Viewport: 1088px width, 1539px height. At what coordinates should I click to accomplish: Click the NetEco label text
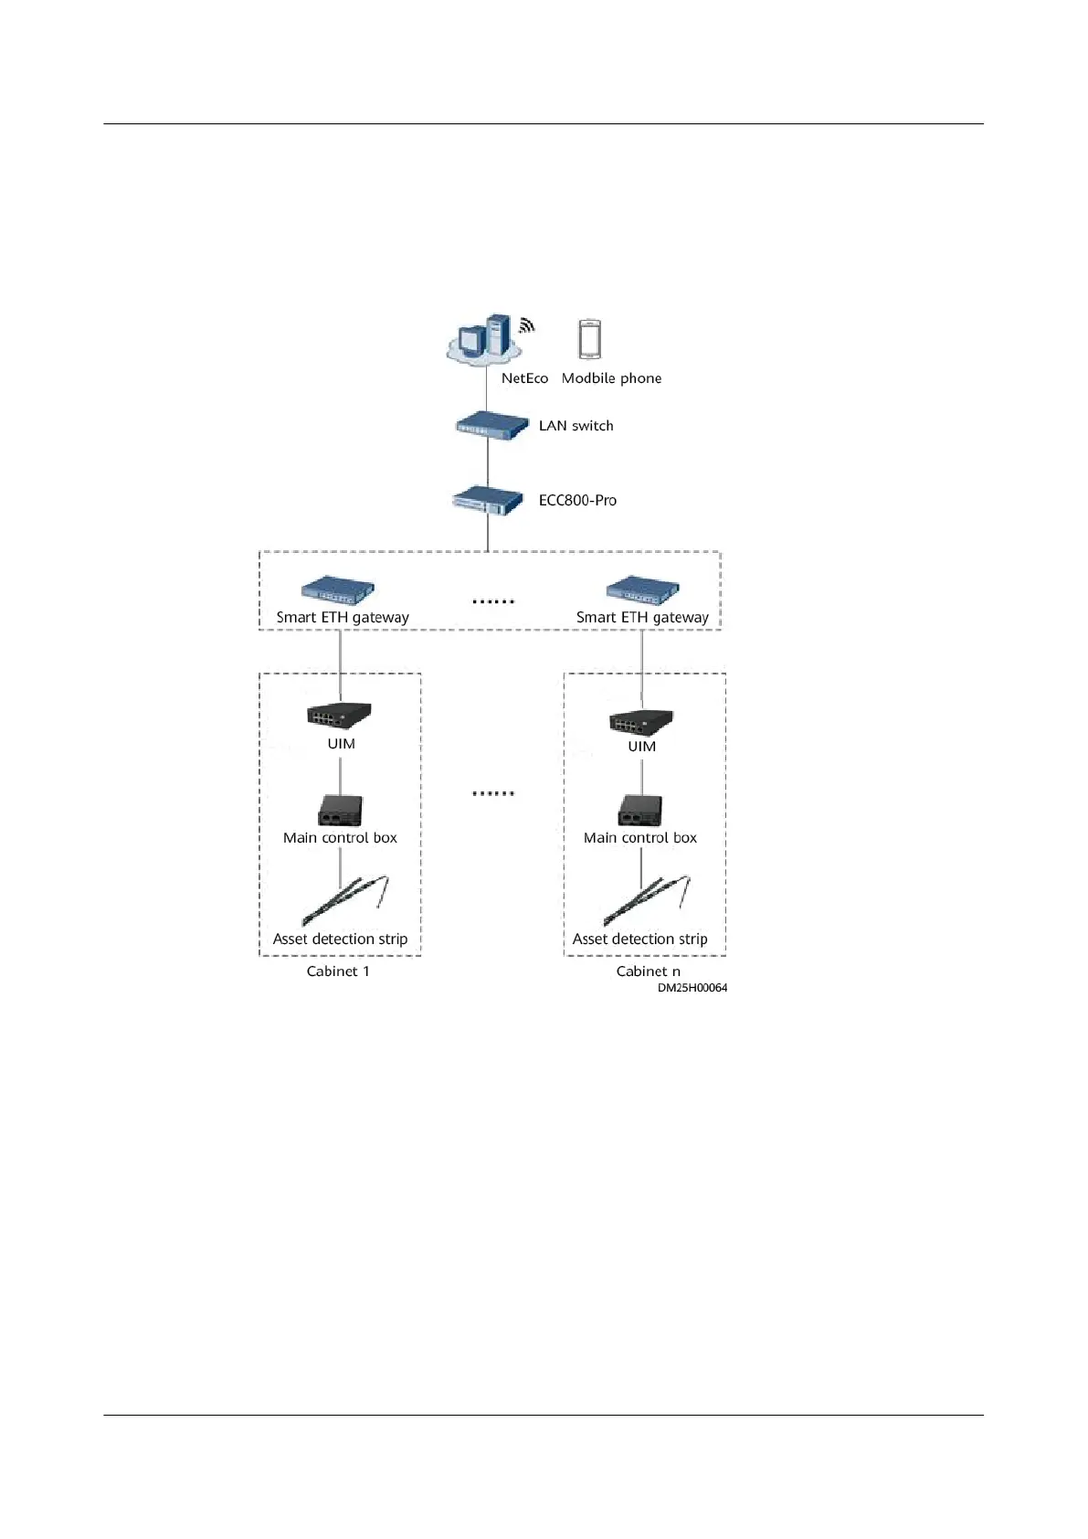524,378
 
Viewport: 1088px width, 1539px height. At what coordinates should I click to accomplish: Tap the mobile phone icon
590,339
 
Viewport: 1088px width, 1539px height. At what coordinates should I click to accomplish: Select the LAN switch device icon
492,426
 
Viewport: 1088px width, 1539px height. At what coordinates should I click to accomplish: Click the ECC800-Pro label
577,501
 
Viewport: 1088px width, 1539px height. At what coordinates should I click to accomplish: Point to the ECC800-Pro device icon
488,501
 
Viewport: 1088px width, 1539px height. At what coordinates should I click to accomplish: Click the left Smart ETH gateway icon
338,589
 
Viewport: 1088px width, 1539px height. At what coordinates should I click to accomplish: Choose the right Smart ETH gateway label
642,618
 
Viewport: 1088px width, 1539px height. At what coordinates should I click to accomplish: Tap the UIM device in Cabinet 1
339,714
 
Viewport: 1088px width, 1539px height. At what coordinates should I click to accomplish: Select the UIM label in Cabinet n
641,747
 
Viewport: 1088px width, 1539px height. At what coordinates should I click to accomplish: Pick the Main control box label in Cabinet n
639,838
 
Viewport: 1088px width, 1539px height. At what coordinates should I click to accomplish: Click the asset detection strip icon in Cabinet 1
345,901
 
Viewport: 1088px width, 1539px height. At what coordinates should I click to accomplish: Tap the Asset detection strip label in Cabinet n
639,939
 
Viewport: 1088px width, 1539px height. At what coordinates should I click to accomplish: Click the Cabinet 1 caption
338,971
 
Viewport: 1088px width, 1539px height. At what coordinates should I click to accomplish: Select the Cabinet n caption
648,971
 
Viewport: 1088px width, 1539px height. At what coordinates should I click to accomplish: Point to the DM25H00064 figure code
692,988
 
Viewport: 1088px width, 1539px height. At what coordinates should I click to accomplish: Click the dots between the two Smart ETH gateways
493,601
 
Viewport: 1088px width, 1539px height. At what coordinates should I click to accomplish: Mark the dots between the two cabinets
493,793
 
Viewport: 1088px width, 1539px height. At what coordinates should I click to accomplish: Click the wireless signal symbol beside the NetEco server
526,324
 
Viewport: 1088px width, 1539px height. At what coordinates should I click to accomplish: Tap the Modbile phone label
611,378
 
